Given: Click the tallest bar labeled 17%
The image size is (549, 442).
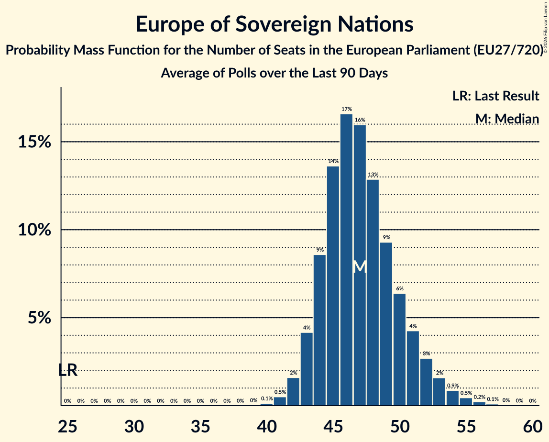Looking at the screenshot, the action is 346,260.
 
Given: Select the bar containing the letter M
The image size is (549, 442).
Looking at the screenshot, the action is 360,265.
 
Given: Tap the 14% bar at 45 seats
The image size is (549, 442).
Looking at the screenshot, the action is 333,286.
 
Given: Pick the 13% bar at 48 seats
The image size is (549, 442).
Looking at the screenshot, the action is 373,292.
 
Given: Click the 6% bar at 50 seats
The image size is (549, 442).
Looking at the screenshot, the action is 399,350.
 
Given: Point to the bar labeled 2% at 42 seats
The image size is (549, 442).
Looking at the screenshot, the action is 293,392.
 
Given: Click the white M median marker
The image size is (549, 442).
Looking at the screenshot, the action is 360,267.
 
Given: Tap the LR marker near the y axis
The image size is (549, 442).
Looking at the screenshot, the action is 67,370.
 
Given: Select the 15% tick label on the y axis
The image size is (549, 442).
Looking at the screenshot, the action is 34,142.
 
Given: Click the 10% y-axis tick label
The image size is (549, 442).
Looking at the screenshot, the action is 34,230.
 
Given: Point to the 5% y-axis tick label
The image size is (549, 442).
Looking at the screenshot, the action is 40,318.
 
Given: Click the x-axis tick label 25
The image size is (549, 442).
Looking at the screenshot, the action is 67,427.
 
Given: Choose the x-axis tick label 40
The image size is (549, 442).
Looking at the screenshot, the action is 267,427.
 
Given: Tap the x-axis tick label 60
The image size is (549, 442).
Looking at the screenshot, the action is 533,427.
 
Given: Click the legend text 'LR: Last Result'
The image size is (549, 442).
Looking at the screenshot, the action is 495,96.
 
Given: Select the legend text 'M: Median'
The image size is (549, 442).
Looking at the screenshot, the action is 507,119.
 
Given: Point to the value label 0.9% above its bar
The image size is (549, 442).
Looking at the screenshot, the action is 453,386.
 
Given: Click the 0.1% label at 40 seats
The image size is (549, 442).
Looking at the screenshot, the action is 267,398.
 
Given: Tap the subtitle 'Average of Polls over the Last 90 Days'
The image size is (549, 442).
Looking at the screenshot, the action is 274,73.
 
